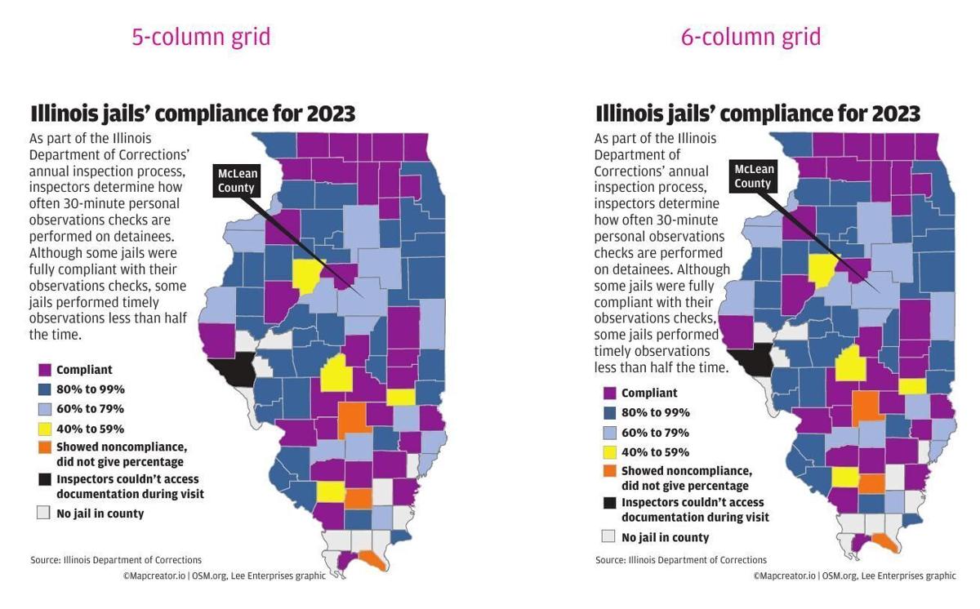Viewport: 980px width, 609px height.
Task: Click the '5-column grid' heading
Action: [x=201, y=37]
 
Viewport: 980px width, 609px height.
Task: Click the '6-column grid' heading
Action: [x=751, y=37]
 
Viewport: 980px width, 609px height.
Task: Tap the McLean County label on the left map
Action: [x=236, y=180]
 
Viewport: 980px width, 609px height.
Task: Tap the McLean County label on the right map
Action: [x=752, y=176]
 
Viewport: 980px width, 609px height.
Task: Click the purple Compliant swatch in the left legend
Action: [x=44, y=370]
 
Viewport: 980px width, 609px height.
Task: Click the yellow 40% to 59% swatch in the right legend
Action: [x=609, y=452]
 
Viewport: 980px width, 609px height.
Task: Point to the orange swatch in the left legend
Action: [x=44, y=447]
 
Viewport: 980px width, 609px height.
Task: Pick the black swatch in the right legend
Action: [x=609, y=503]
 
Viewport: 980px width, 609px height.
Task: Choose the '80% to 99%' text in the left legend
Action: [x=90, y=389]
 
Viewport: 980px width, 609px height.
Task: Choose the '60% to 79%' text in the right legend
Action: [x=655, y=433]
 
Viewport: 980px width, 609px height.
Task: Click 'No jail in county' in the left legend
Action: [x=100, y=513]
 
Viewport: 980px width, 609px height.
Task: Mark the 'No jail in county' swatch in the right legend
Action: [x=608, y=536]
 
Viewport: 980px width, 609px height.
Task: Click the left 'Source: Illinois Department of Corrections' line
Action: [x=116, y=560]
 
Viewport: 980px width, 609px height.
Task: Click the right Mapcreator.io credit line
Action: [x=854, y=576]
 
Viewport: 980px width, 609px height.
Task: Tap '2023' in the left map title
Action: [x=331, y=113]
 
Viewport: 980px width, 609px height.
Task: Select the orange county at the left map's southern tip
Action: [x=372, y=560]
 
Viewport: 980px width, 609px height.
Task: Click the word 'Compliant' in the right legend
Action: [x=649, y=393]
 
